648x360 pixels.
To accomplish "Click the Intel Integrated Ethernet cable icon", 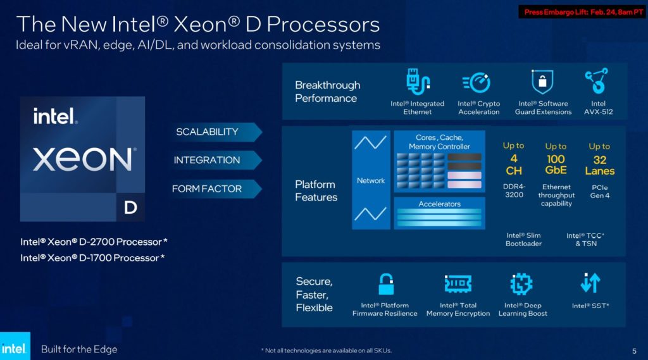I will tap(418, 83).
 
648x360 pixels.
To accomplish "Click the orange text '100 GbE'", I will tap(556, 164).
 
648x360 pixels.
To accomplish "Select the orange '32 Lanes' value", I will tap(599, 164).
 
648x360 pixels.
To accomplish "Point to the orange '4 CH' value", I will tap(513, 164).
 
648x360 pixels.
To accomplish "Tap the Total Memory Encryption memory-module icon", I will tap(458, 284).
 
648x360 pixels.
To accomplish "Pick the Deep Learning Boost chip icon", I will tap(521, 284).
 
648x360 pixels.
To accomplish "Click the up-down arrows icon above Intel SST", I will tap(590, 283).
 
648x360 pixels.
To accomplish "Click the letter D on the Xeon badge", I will tap(130, 207).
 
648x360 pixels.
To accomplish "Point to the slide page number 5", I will tap(634, 351).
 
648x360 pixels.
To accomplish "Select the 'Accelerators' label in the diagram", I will tap(439, 204).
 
